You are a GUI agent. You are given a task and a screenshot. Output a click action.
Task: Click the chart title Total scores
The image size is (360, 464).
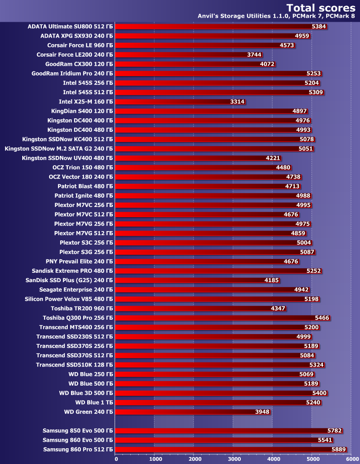tap(321, 7)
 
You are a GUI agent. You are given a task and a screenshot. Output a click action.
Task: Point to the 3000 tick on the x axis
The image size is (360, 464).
tap(233, 459)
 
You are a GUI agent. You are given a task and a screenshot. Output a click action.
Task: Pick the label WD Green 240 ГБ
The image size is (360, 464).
tap(89, 412)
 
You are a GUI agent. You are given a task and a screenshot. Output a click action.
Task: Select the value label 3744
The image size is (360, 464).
tap(254, 55)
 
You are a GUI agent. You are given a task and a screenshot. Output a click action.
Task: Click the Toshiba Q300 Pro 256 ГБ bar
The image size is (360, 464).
tap(222, 318)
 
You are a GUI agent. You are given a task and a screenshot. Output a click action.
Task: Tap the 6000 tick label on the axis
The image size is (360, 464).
tap(351, 459)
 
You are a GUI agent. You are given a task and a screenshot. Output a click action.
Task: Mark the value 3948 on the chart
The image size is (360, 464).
tap(262, 412)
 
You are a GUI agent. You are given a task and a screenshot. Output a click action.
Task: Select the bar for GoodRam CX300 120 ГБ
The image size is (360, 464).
tap(195, 64)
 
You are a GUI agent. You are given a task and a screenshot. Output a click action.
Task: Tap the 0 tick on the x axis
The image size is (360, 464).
tap(116, 459)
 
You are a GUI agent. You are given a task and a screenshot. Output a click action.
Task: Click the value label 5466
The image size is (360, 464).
tap(322, 318)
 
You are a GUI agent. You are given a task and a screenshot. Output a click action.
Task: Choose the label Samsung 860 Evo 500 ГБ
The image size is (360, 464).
tap(78, 440)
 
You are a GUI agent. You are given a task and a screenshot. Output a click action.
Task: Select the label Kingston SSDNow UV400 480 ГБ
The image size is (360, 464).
tap(67, 158)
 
